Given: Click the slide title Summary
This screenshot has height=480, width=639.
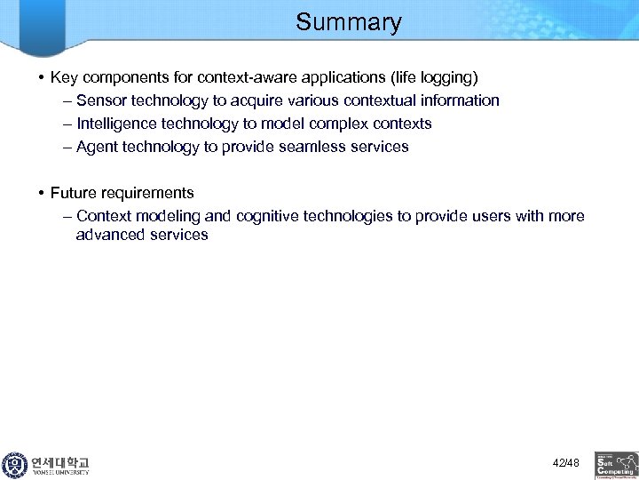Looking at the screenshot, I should pyautogui.click(x=348, y=22).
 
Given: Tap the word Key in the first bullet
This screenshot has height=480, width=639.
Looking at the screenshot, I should pyautogui.click(x=64, y=77).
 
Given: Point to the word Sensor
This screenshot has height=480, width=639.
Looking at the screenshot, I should pyautogui.click(x=100, y=100).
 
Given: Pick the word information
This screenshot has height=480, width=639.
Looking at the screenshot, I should pyautogui.click(x=459, y=100).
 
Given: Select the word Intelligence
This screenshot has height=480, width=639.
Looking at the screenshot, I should pyautogui.click(x=116, y=124).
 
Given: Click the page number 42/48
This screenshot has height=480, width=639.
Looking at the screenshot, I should pyautogui.click(x=565, y=463).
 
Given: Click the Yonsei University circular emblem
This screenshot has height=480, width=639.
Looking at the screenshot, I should pyautogui.click(x=14, y=465).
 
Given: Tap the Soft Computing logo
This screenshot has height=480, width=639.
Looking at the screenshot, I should pyautogui.click(x=616, y=465).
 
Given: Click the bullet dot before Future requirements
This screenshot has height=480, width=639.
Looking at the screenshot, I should pyautogui.click(x=42, y=193).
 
